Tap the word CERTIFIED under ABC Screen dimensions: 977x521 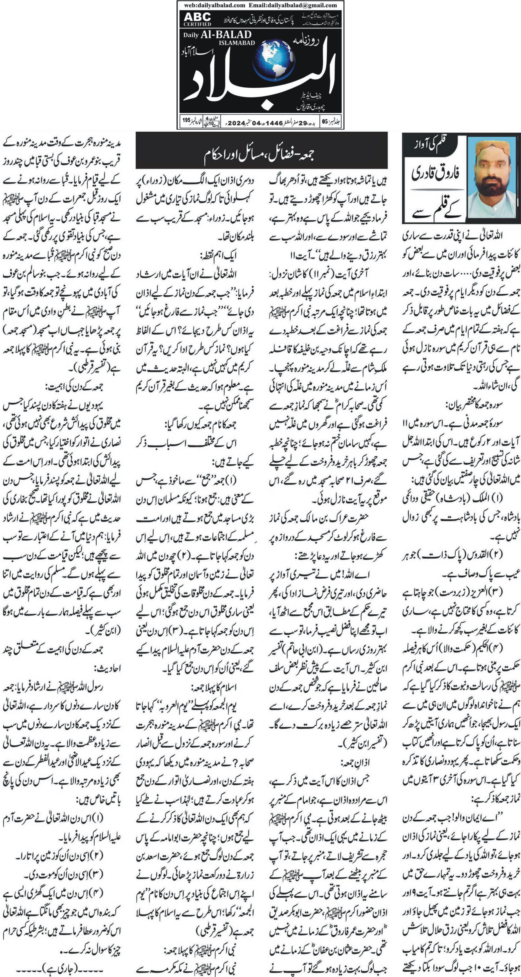197,24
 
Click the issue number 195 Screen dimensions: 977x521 186,121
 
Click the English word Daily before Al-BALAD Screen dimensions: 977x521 191,35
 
